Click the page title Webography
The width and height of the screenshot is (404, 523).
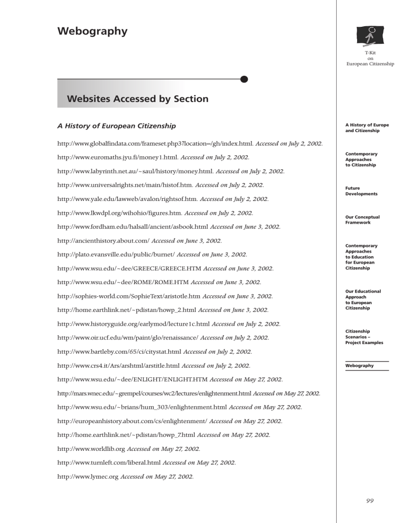click(x=92, y=31)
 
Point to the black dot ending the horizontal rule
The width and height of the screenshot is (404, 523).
click(x=244, y=79)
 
